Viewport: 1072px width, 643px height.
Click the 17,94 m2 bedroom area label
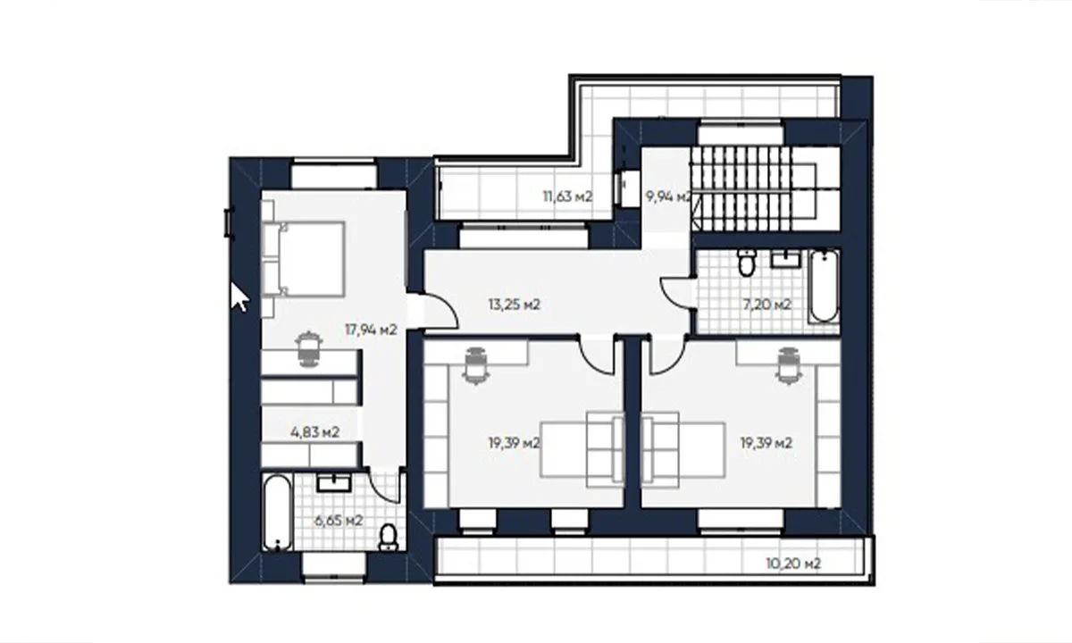pyautogui.click(x=371, y=330)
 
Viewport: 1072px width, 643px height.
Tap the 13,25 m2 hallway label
pyautogui.click(x=515, y=305)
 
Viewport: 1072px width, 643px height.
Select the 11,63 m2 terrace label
pyautogui.click(x=567, y=196)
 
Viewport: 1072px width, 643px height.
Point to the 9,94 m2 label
pyautogui.click(x=668, y=196)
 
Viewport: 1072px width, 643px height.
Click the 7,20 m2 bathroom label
pyautogui.click(x=766, y=305)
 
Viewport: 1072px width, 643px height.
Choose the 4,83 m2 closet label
pyautogui.click(x=314, y=432)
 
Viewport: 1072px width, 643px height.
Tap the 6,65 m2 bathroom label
pyautogui.click(x=339, y=520)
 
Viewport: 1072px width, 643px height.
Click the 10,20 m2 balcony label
pyautogui.click(x=793, y=564)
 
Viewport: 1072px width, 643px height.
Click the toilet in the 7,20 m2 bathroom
pyautogui.click(x=747, y=263)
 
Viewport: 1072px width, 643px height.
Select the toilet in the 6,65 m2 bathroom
pyautogui.click(x=388, y=538)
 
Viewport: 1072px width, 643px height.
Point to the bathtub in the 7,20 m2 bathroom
pyautogui.click(x=824, y=286)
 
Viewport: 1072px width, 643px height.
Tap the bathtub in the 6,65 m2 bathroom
pyautogui.click(x=277, y=512)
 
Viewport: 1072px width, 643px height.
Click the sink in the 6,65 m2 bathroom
pyautogui.click(x=334, y=484)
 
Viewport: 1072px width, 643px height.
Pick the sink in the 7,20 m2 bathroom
pyautogui.click(x=785, y=260)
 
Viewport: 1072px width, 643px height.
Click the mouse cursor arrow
pyautogui.click(x=239, y=297)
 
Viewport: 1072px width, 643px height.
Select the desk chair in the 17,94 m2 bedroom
pyautogui.click(x=309, y=348)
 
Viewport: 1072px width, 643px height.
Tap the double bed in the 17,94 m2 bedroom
pyautogui.click(x=304, y=259)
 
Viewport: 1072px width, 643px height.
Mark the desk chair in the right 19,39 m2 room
pyautogui.click(x=789, y=365)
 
